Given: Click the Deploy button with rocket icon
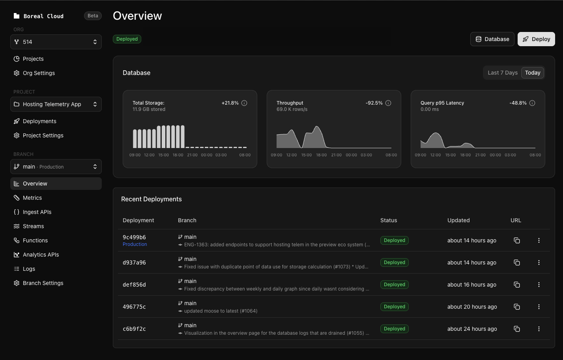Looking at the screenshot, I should [536, 39].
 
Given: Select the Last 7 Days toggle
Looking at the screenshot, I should [502, 73].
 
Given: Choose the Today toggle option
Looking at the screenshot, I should [533, 73].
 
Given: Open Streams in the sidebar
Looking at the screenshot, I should [33, 226].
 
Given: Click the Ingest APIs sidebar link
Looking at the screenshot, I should [37, 212].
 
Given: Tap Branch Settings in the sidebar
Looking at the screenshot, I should [43, 283].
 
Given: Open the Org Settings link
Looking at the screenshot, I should [39, 73].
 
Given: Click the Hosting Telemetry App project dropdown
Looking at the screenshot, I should [56, 104].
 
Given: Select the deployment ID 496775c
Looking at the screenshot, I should [134, 307].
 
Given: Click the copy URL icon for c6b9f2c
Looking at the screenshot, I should [517, 329].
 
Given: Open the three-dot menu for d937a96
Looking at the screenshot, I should [539, 262].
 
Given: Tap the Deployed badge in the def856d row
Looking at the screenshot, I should [394, 285].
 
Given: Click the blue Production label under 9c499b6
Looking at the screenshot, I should [135, 244].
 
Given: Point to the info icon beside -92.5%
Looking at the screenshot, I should [388, 103].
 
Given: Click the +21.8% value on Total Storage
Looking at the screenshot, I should [230, 103].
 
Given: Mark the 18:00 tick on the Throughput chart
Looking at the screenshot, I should [321, 155].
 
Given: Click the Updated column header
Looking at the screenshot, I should [458, 220].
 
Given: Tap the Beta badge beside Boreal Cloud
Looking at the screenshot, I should [93, 16].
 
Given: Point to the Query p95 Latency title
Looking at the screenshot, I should [442, 103].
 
